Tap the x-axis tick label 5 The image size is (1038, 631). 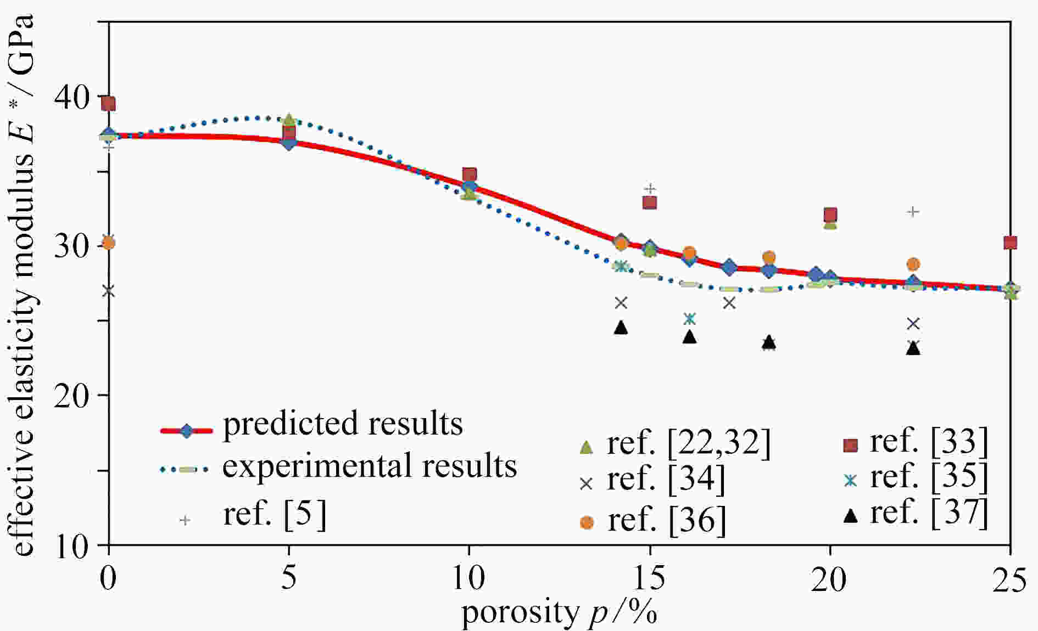coord(289,579)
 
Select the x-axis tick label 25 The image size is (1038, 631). coord(1009,579)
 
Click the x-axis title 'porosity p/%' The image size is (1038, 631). coord(559,612)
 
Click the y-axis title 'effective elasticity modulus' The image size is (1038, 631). coord(22,285)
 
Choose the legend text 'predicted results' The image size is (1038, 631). coord(343,424)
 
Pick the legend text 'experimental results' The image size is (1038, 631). coord(370,466)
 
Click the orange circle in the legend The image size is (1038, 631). coord(587,522)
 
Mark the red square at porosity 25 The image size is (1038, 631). coord(1010,243)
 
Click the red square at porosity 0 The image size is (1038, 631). coord(109,104)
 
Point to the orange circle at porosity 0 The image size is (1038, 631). coord(109,243)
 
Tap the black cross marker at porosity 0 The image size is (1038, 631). coord(109,291)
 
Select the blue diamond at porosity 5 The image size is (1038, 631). coord(289,143)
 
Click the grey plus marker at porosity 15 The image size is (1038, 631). coord(650,189)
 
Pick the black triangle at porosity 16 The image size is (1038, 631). coord(690,337)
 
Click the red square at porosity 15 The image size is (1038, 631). coord(650,202)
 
